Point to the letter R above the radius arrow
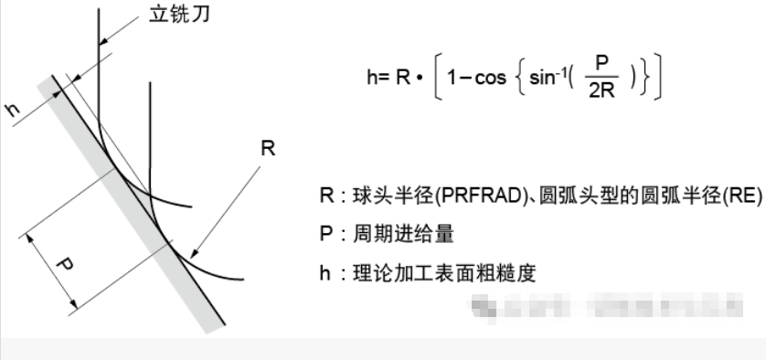coord(267,149)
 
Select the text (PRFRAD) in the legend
coord(442,198)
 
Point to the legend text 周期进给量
coord(399,235)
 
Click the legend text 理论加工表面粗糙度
coord(436,272)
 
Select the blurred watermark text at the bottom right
coord(603,303)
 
